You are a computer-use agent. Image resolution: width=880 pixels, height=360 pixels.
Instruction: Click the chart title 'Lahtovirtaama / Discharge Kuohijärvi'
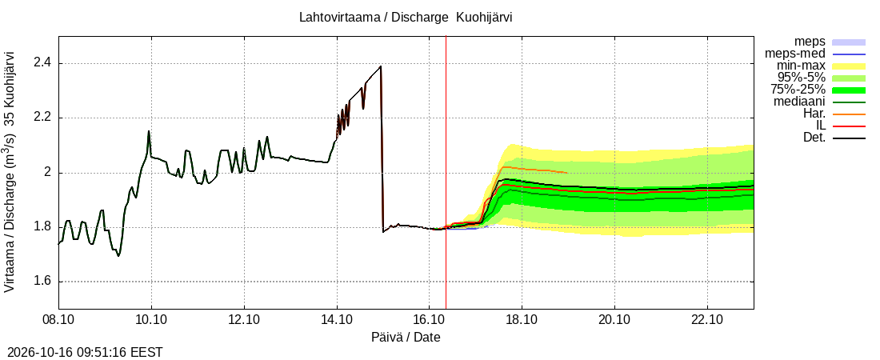click(406, 18)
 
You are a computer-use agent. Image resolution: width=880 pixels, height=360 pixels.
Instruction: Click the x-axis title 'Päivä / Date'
click(406, 338)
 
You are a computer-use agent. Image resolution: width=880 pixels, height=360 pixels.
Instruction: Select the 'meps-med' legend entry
click(794, 54)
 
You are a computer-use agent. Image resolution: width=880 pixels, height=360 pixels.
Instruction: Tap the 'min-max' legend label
click(800, 66)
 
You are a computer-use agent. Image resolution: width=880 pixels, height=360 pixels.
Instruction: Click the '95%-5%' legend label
click(802, 78)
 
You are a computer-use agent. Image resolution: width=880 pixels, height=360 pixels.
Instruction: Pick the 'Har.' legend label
click(814, 114)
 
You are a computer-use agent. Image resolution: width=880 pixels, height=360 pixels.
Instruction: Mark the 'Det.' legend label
click(814, 138)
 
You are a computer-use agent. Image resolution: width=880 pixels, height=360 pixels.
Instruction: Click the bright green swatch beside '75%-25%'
click(849, 90)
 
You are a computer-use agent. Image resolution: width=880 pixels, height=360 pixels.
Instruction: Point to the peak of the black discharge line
click(381, 66)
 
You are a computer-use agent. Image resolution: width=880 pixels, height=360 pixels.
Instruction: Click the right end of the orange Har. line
click(568, 173)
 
